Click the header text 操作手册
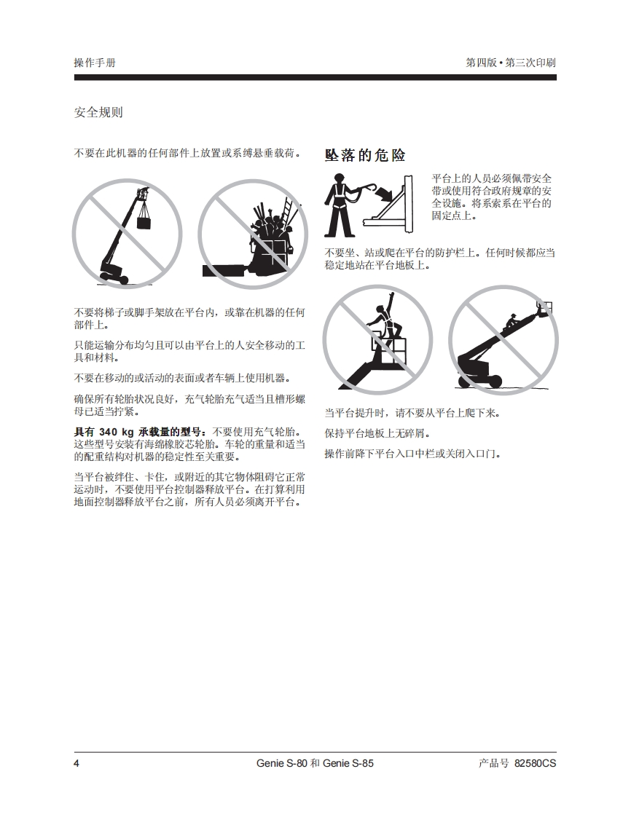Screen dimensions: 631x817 (x=95, y=63)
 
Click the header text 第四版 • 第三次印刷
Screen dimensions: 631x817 (x=511, y=63)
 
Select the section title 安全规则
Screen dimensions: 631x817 (x=98, y=112)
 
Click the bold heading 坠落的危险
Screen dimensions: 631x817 (x=365, y=155)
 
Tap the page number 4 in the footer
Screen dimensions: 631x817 (x=77, y=763)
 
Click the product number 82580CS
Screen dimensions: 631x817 (x=535, y=763)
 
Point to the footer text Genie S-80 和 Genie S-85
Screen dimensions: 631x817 (x=315, y=763)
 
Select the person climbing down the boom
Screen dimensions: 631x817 (x=511, y=322)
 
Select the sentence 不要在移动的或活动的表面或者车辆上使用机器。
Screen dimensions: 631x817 (x=182, y=378)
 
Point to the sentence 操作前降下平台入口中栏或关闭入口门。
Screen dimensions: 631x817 (x=414, y=454)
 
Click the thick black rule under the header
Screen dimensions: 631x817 (x=315, y=78)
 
